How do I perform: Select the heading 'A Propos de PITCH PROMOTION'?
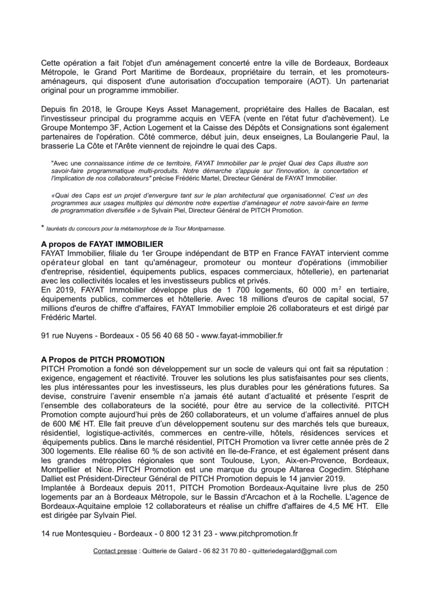(103, 360)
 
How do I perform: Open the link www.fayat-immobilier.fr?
(242, 335)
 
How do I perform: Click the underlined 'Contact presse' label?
(115, 551)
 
